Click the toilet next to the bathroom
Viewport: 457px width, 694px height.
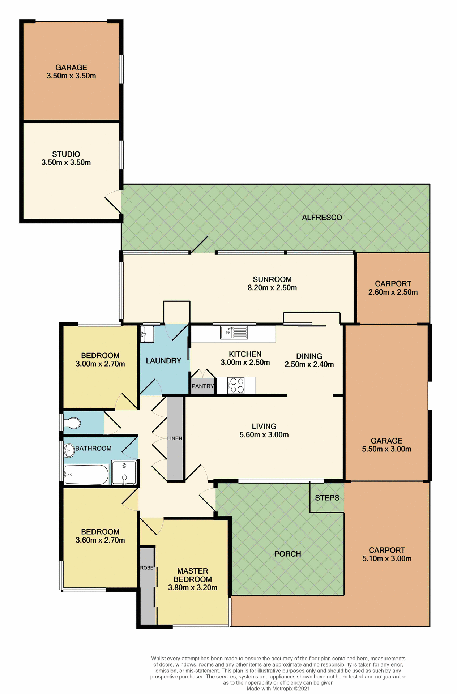point(72,423)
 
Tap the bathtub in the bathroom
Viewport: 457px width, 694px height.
point(86,475)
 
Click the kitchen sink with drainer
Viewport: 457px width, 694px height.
point(234,333)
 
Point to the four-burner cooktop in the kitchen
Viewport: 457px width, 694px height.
point(236,385)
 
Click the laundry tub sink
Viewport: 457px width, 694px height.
point(147,334)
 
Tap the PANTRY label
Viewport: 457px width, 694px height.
point(203,386)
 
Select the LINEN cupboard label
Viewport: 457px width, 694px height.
point(175,438)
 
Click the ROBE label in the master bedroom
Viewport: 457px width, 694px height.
point(147,568)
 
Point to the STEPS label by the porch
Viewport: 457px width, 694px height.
point(327,498)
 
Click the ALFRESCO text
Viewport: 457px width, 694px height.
point(322,218)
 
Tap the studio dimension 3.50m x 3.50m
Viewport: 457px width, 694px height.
point(66,163)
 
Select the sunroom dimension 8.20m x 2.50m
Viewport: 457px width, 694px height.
point(272,288)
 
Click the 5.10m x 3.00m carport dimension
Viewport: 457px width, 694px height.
point(387,559)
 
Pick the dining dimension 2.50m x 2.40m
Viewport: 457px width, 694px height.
point(309,364)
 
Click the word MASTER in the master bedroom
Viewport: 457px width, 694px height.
point(192,571)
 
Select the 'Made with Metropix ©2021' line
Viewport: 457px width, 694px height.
point(278,689)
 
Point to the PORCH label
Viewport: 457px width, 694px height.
point(287,554)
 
